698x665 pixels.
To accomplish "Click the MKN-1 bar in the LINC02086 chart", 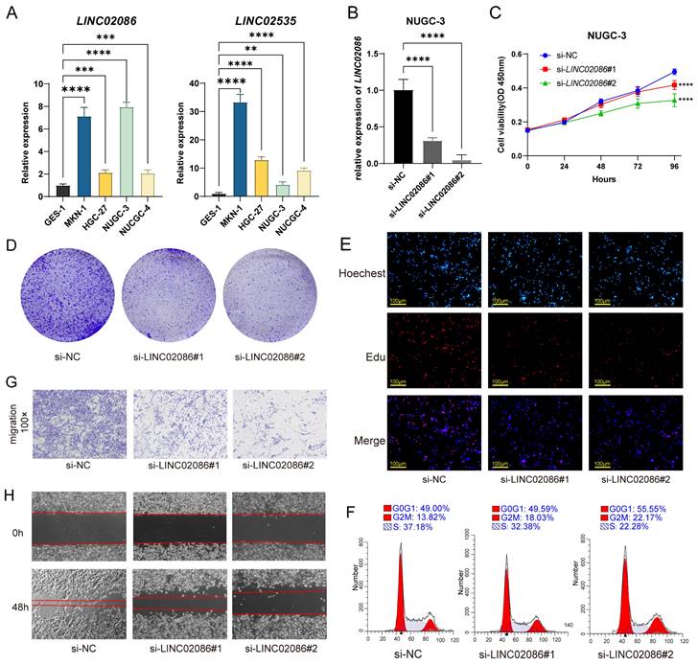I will [x=83, y=157].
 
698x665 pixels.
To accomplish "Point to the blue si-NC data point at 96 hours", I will [x=675, y=72].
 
